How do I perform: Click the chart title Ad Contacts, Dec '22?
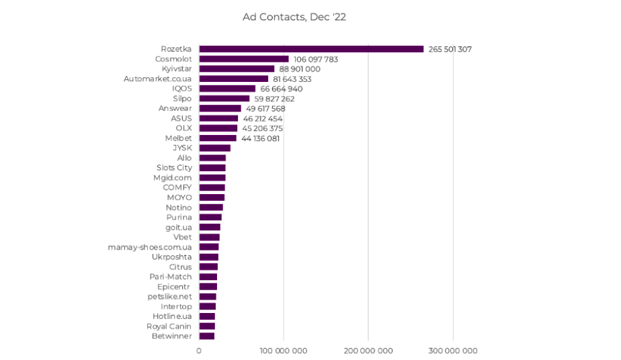pyautogui.click(x=294, y=17)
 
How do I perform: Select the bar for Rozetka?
pyautogui.click(x=311, y=49)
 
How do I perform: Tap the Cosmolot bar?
pyautogui.click(x=244, y=59)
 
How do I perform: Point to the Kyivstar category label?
pyautogui.click(x=177, y=69)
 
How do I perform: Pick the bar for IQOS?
pyautogui.click(x=227, y=89)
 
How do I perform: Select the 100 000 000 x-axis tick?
pyautogui.click(x=284, y=351)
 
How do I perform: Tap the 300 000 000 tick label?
pyautogui.click(x=452, y=351)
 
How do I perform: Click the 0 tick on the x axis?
pyautogui.click(x=199, y=351)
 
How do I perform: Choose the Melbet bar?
pyautogui.click(x=218, y=138)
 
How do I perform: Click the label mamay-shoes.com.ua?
pyautogui.click(x=150, y=247)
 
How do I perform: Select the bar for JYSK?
pyautogui.click(x=214, y=148)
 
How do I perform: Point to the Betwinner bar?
pyautogui.click(x=207, y=336)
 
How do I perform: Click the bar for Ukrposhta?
pyautogui.click(x=208, y=257)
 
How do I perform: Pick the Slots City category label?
pyautogui.click(x=174, y=168)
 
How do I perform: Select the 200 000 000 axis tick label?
pyautogui.click(x=368, y=351)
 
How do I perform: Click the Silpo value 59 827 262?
pyautogui.click(x=274, y=99)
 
